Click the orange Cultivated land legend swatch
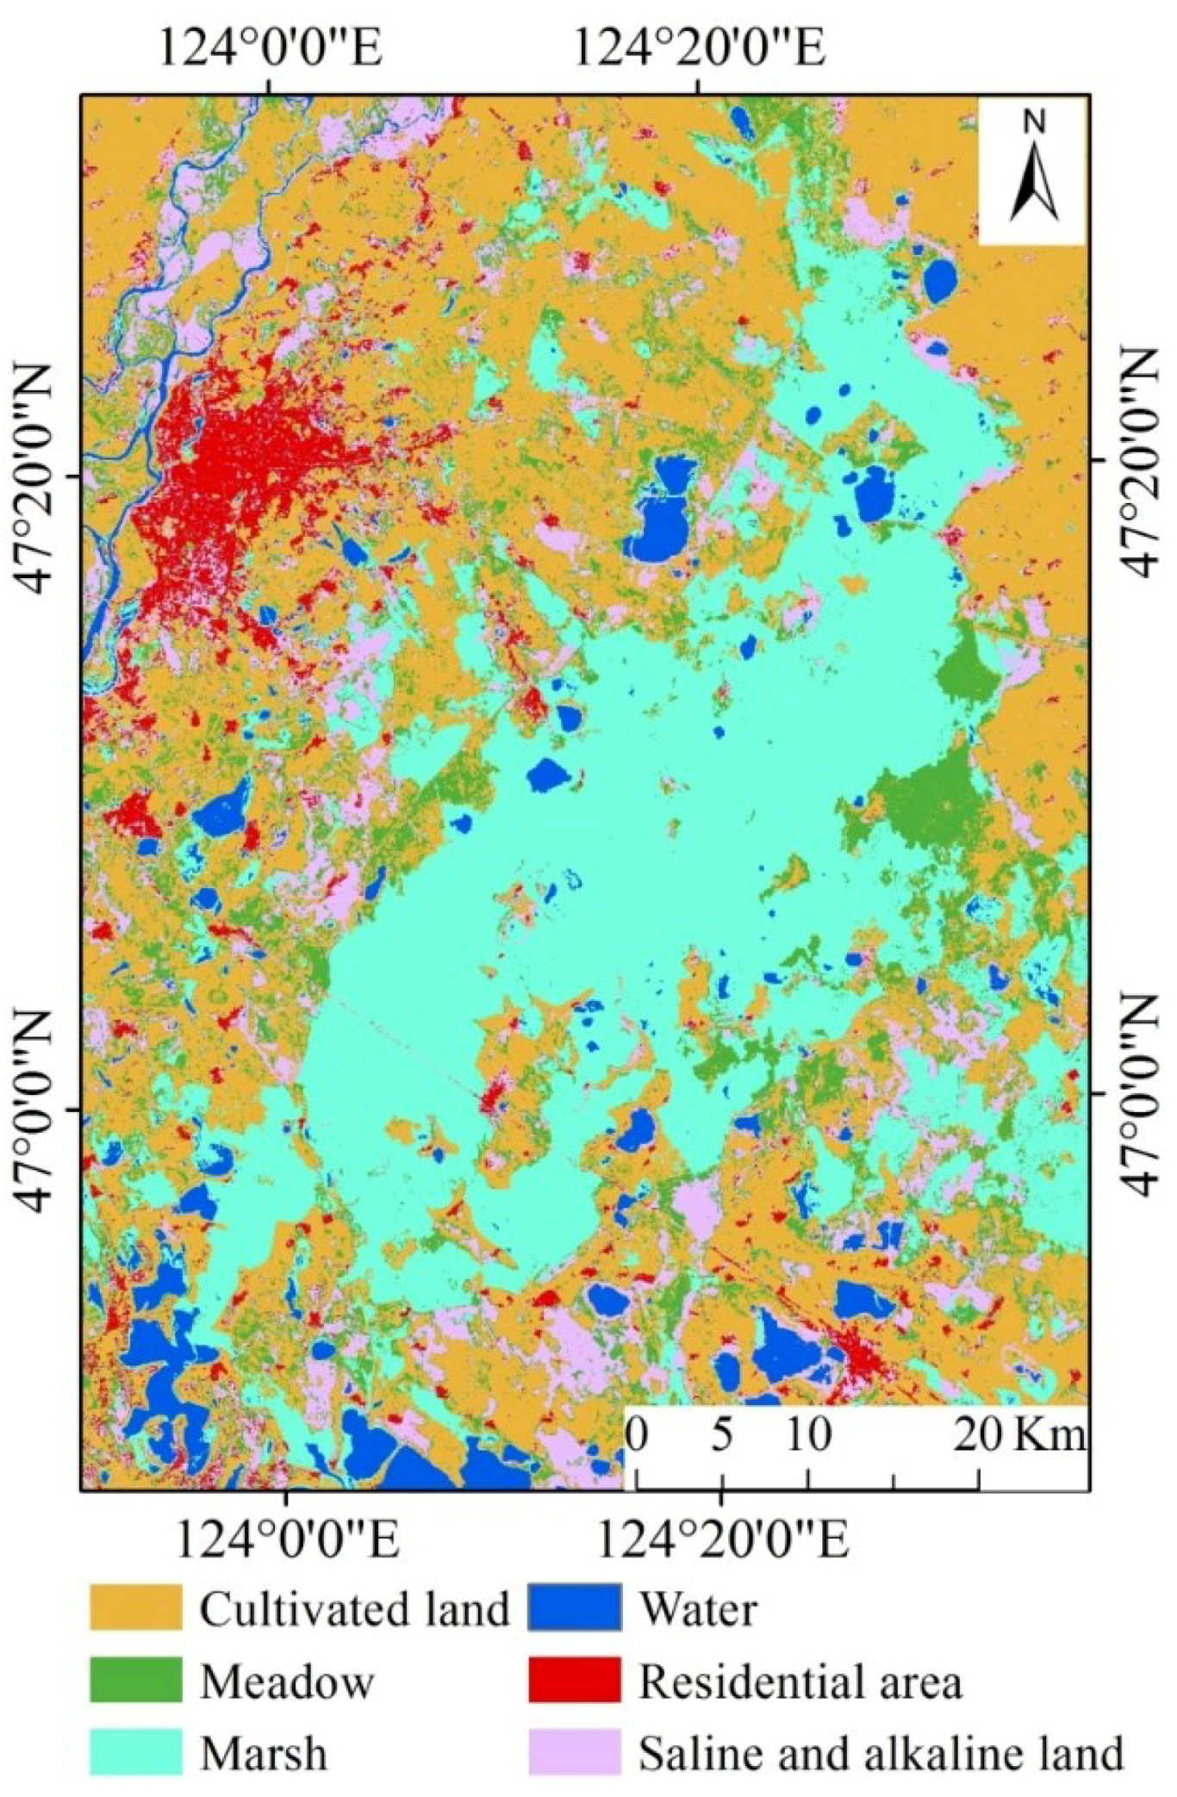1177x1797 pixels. click(x=135, y=1607)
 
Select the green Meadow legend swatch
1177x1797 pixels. click(x=135, y=1680)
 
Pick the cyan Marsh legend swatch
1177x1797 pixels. click(x=135, y=1752)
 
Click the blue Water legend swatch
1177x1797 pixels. click(x=574, y=1607)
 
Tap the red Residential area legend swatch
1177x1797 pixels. click(x=574, y=1680)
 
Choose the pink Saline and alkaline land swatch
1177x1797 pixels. click(x=574, y=1752)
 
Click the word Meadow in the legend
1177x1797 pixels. click(x=287, y=1681)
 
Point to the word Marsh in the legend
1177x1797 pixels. click(x=264, y=1753)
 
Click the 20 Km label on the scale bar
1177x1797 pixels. click(x=1020, y=1434)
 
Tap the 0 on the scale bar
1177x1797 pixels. click(x=636, y=1434)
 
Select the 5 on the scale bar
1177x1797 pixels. click(x=721, y=1434)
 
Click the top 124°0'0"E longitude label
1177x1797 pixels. click(x=270, y=49)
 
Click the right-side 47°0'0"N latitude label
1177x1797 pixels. click(x=1139, y=1094)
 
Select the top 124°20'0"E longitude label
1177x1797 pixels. click(x=699, y=49)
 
